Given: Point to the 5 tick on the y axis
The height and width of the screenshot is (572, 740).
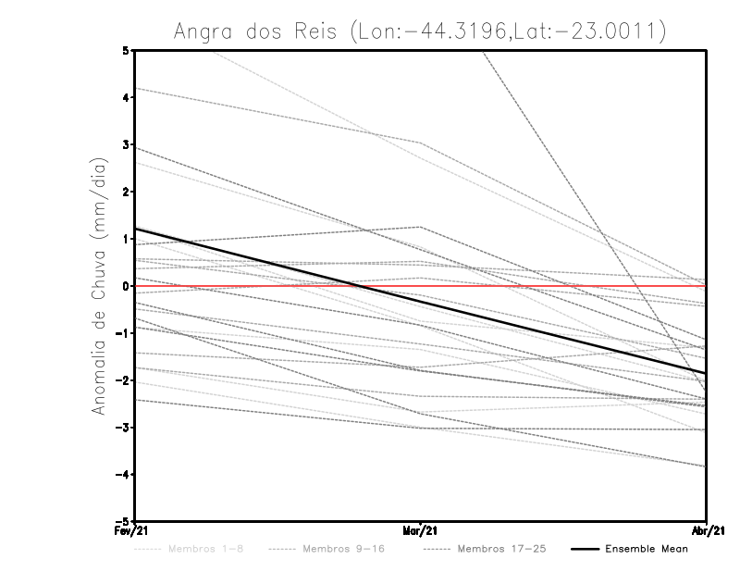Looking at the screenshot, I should pos(125,50).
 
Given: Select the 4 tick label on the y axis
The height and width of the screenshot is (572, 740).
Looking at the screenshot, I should pos(125,97).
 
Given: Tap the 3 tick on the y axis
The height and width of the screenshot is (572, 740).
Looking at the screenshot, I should pos(125,144).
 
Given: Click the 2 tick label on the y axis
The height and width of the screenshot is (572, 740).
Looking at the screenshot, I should pos(125,192).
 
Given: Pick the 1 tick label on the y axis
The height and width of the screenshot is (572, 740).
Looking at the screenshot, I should pos(125,239).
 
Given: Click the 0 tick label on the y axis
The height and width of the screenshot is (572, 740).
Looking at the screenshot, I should pos(125,286).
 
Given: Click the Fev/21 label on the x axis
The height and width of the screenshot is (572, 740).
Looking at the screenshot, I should pos(135,530).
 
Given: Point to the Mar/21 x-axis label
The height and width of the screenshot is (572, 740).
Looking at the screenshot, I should pos(421,530).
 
